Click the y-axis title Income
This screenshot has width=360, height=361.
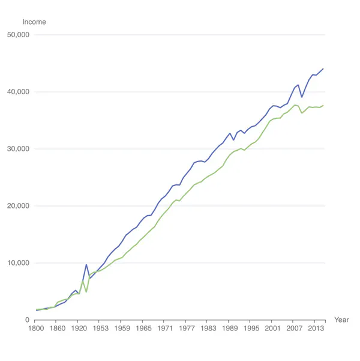34,22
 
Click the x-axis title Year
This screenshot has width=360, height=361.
341,320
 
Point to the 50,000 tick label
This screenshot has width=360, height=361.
34,35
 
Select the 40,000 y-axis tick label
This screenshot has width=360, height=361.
34,92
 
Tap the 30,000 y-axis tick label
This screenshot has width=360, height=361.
34,149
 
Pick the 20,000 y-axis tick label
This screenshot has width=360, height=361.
34,206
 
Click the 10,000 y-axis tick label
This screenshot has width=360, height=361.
34,263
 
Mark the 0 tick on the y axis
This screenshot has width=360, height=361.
28,320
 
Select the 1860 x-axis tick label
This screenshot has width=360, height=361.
57,329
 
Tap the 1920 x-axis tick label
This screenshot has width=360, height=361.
79,329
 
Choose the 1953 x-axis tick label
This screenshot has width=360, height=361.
100,329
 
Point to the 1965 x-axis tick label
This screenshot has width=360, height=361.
143,329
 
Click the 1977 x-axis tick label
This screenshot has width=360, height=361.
187,329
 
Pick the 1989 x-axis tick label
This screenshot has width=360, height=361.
230,329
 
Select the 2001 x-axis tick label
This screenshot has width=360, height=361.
273,329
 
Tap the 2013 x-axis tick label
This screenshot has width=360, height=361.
316,329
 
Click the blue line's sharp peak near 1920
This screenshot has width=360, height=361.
86,265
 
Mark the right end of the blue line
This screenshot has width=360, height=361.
323,68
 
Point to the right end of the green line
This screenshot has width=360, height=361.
323,106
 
